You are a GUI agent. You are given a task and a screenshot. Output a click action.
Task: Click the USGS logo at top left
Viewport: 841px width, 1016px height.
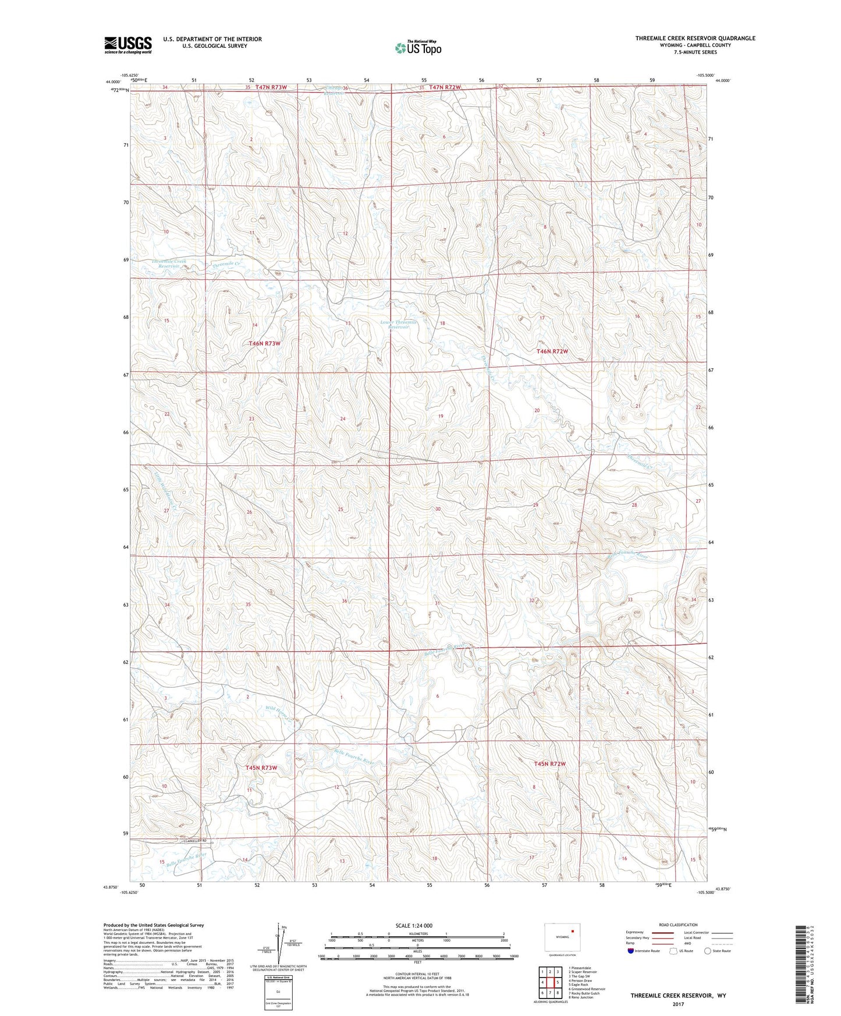tap(128, 45)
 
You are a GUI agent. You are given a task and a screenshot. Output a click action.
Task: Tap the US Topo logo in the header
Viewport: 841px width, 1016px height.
tap(418, 48)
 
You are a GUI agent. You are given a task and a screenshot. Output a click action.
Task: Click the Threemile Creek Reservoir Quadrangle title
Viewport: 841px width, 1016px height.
tap(695, 38)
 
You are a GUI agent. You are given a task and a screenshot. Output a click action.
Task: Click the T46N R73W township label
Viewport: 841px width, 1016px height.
tap(264, 344)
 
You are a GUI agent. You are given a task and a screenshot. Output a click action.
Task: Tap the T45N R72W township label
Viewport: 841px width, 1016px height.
tap(550, 764)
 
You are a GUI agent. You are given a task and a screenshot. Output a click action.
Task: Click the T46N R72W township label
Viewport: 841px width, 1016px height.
tap(551, 351)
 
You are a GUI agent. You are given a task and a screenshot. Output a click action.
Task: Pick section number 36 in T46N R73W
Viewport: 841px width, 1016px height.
tap(345, 601)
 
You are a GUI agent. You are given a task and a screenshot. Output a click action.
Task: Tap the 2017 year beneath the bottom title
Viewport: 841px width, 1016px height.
tap(677, 1004)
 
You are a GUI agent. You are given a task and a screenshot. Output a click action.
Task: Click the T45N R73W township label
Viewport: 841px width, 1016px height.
tap(261, 768)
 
